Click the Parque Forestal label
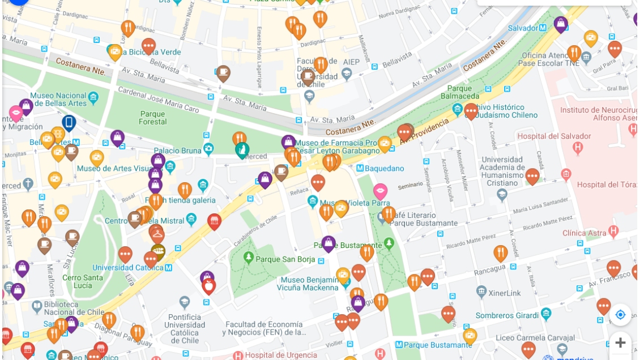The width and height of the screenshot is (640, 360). pos(153,118)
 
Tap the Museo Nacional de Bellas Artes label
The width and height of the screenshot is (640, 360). pos(58,100)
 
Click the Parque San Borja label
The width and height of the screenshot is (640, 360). pos(284,259)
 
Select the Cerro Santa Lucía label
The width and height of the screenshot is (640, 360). pos(83,281)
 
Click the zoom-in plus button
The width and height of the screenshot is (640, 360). pos(620,342)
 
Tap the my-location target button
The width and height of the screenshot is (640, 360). pos(620,315)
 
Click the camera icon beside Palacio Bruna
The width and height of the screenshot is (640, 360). pos(208,149)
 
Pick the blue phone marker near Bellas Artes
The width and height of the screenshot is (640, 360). pos(69,123)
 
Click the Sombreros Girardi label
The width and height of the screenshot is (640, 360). pos(507,315)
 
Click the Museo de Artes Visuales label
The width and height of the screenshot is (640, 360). pos(112,169)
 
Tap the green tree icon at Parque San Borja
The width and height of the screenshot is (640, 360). pos(248,258)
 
